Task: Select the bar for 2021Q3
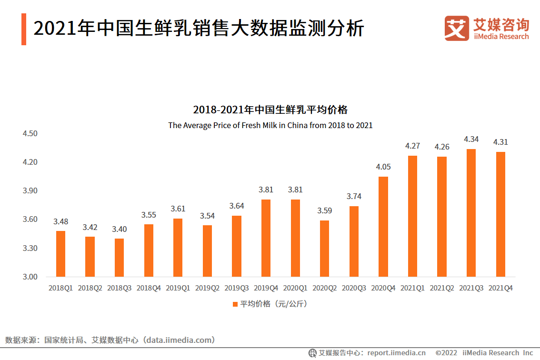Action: (x=471, y=213)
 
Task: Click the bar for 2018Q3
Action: (x=119, y=258)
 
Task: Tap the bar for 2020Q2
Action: (x=324, y=249)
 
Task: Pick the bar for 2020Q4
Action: (x=383, y=227)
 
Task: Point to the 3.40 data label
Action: (x=119, y=229)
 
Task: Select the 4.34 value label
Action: (x=471, y=139)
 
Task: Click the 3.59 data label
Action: (x=324, y=210)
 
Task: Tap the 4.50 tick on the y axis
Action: (x=30, y=133)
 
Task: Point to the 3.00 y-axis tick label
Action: (x=30, y=277)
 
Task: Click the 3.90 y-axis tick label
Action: (x=30, y=191)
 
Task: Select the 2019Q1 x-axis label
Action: (x=178, y=288)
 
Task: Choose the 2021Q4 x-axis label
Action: (x=500, y=288)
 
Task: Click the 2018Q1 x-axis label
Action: (x=60, y=288)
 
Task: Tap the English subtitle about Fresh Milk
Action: (x=270, y=125)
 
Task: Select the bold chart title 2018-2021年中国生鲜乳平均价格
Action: (x=270, y=110)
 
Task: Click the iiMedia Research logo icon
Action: (x=456, y=28)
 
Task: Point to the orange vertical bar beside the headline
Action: (x=24, y=30)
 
